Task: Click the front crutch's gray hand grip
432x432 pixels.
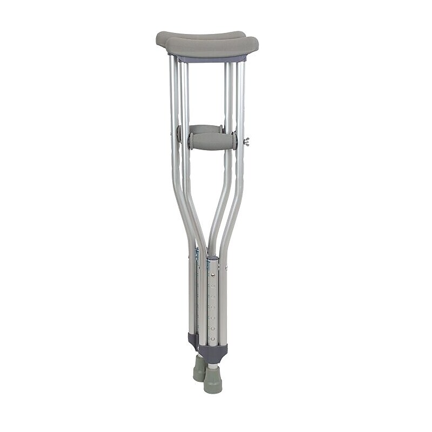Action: point(212,141)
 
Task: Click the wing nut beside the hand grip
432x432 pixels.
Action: point(247,141)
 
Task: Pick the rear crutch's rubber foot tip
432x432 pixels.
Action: point(198,368)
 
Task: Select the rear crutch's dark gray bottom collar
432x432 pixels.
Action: point(192,340)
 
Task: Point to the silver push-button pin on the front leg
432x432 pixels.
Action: point(213,275)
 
